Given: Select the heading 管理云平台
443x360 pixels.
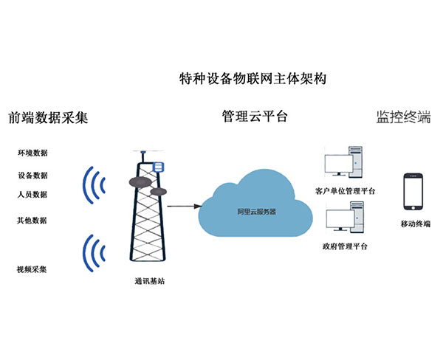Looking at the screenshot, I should (255, 117).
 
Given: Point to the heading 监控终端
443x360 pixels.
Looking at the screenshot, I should (403, 117).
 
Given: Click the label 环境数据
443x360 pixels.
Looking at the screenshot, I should (32, 153).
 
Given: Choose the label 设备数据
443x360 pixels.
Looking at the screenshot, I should (32, 176).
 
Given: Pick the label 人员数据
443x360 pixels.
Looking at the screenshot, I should (32, 194).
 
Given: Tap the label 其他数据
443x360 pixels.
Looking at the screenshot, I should (32, 220).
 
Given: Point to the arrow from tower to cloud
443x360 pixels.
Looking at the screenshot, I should (181, 207).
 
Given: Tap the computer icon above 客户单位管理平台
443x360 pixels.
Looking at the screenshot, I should (345, 166).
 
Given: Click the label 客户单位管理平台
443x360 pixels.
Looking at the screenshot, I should (345, 191).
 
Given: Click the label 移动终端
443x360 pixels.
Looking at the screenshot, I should (415, 224).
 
